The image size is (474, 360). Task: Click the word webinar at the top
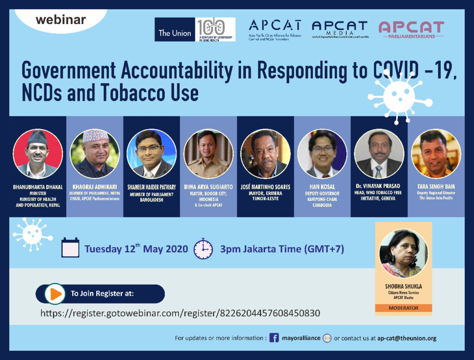(x=61, y=20)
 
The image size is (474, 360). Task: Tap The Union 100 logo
(x=195, y=30)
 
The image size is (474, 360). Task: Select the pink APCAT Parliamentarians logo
(x=411, y=29)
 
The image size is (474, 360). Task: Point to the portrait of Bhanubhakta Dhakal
(x=37, y=154)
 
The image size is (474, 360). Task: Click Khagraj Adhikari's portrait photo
(x=95, y=154)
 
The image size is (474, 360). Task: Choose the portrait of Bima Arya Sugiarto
(x=208, y=154)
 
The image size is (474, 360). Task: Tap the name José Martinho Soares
(x=265, y=187)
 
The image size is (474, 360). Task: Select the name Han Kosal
(x=323, y=187)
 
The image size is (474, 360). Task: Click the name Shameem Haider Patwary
(x=151, y=187)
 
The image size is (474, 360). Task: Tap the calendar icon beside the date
(x=71, y=248)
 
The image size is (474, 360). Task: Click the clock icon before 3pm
(x=203, y=248)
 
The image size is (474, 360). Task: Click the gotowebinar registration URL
(x=180, y=313)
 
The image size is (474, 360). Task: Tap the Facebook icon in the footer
(x=274, y=338)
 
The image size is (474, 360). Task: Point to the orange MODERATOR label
(x=403, y=308)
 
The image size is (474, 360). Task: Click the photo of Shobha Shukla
(x=403, y=254)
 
